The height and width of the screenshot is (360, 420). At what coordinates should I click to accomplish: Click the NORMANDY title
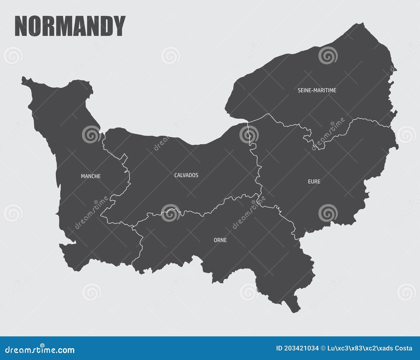click(x=70, y=26)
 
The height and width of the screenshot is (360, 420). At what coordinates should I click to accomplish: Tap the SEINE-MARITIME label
click(x=317, y=90)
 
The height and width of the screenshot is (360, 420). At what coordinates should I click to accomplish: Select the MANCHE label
click(x=91, y=176)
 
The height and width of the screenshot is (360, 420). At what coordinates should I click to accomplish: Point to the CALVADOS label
click(x=186, y=175)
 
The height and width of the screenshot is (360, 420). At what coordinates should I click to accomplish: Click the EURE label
click(x=314, y=181)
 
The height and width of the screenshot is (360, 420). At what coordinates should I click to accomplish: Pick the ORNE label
click(x=220, y=240)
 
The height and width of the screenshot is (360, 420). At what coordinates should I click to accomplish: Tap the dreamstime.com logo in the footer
click(x=40, y=349)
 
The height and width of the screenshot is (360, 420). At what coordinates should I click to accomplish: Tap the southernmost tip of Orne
click(x=295, y=311)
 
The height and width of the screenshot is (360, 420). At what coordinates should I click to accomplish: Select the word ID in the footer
click(x=279, y=348)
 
